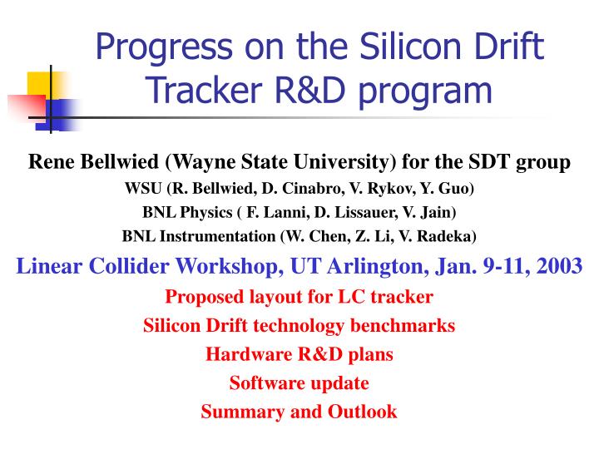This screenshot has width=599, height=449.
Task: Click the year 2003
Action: tap(561, 266)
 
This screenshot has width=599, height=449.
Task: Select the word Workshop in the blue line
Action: tap(230, 266)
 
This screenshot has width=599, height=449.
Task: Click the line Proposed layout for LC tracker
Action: tap(299, 296)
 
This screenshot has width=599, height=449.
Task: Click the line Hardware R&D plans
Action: tap(299, 354)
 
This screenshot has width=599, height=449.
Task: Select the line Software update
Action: tap(299, 383)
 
